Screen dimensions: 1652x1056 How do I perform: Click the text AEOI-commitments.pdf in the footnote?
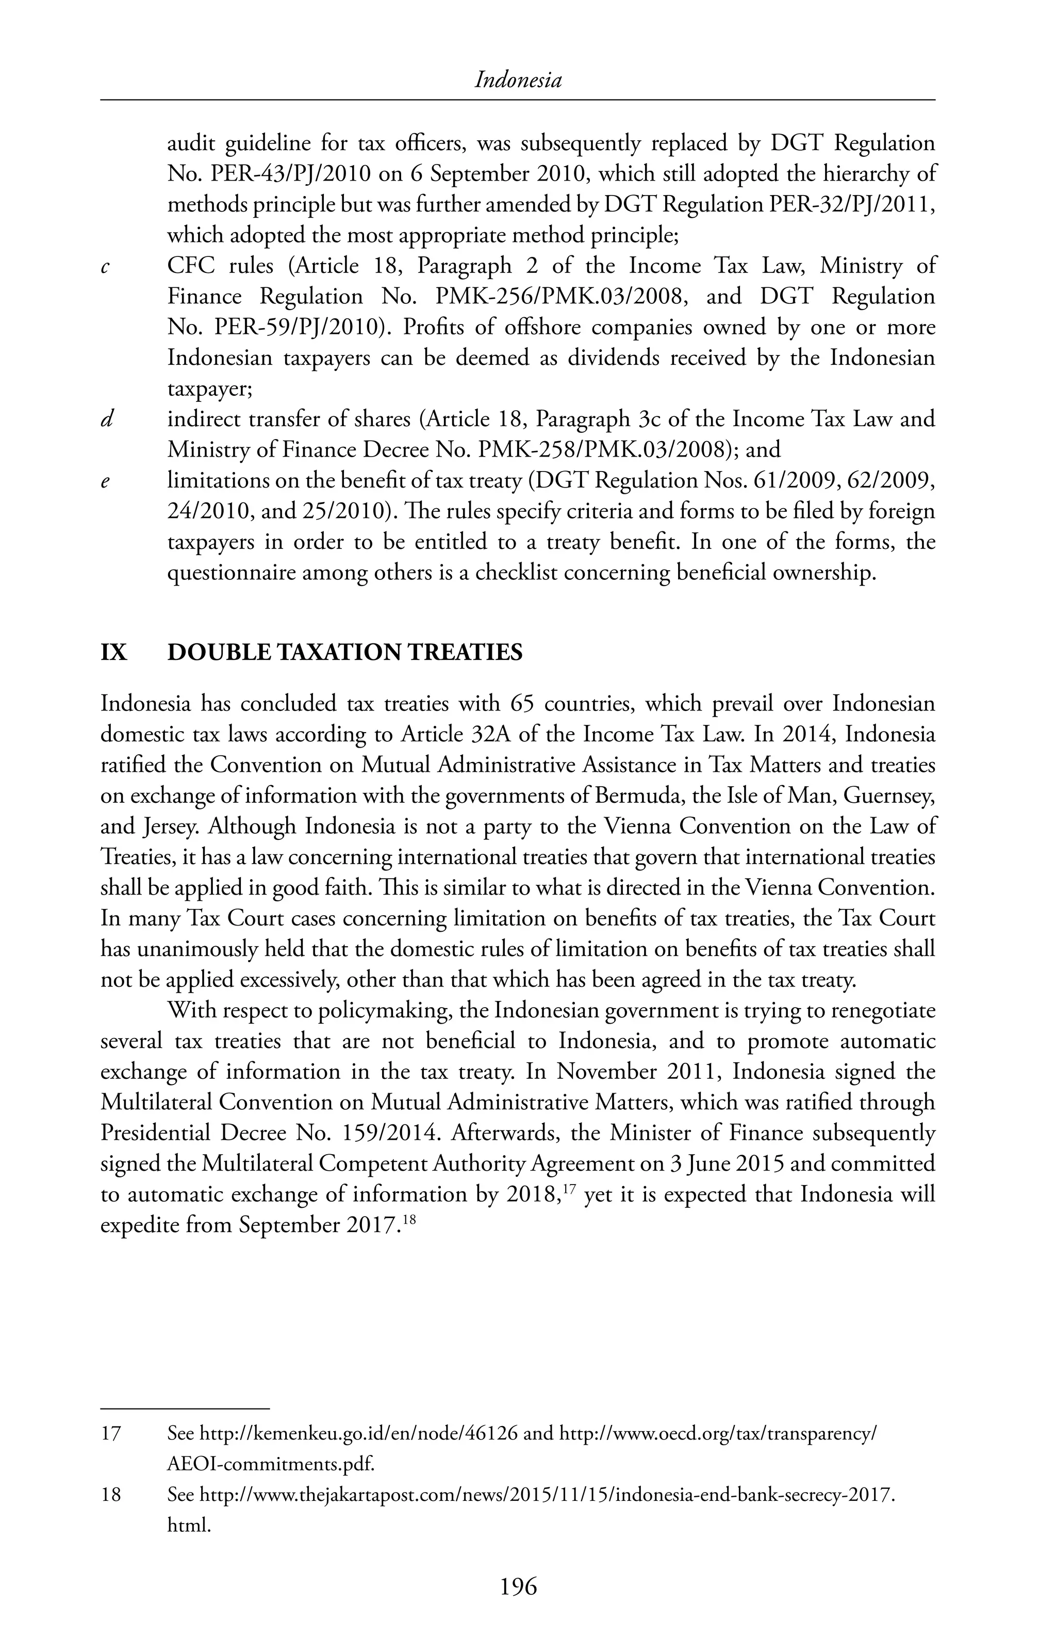271,1464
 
